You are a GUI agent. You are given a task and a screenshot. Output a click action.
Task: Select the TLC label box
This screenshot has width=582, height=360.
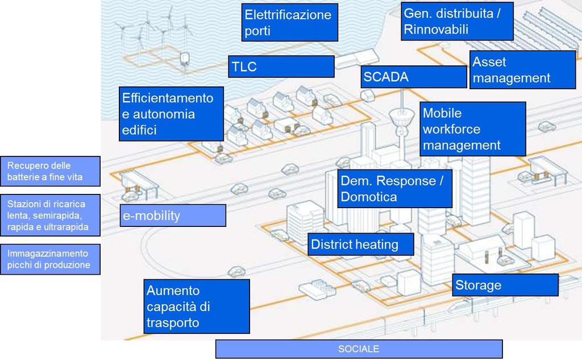(281, 67)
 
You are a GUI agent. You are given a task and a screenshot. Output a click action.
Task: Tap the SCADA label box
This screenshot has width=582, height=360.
(413, 77)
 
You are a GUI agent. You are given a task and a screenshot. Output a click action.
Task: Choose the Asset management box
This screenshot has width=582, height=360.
(523, 70)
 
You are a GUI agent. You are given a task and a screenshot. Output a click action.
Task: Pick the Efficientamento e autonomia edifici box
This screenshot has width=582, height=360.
(171, 114)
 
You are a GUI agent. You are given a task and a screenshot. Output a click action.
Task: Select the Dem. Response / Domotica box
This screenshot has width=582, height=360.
(394, 189)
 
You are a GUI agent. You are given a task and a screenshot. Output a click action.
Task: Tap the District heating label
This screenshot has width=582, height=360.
(360, 245)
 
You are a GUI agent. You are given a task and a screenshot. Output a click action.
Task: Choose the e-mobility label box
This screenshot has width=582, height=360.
(172, 216)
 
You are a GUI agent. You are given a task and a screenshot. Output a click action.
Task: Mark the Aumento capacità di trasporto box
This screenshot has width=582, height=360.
(197, 307)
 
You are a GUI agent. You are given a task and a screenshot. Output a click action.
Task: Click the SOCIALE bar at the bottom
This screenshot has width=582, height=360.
(359, 349)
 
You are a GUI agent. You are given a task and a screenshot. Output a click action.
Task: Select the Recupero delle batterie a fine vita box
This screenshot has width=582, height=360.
(50, 171)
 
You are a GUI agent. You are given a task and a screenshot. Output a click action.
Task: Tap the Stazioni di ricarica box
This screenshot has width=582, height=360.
(50, 215)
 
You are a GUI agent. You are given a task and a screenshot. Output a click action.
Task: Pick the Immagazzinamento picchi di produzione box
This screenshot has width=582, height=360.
(50, 259)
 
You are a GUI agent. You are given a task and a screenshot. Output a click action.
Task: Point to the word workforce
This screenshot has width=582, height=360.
(451, 129)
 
